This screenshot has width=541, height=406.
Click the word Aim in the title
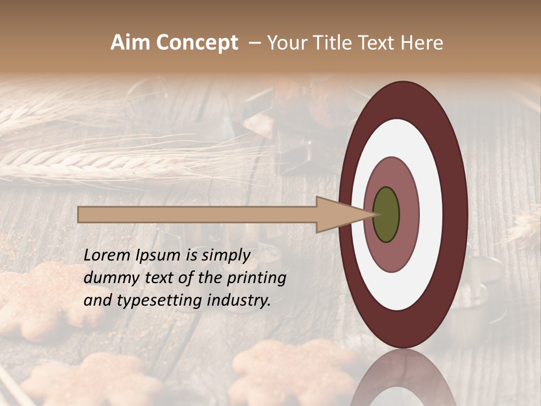129,43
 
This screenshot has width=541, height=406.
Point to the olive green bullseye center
386,215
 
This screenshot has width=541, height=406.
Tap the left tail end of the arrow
79,215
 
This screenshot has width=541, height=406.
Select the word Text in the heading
379,43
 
